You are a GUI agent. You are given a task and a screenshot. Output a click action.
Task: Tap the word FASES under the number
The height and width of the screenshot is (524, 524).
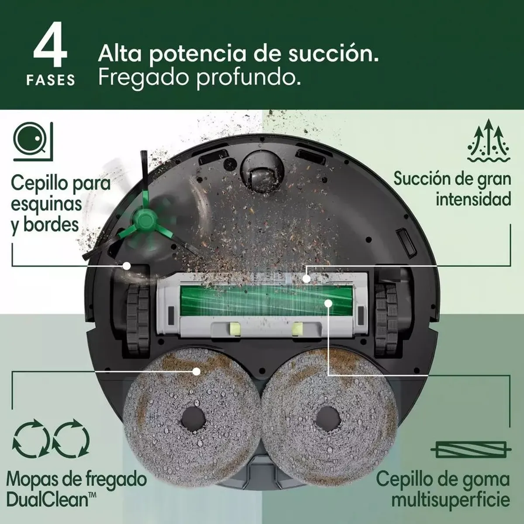(x=51, y=80)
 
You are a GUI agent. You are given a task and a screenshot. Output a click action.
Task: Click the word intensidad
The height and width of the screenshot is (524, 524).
(x=473, y=200)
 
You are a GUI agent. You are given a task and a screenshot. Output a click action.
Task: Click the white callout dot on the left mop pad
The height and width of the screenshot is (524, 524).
(x=196, y=372)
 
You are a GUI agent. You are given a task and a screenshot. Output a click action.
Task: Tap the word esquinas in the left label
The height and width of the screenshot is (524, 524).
(x=46, y=204)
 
